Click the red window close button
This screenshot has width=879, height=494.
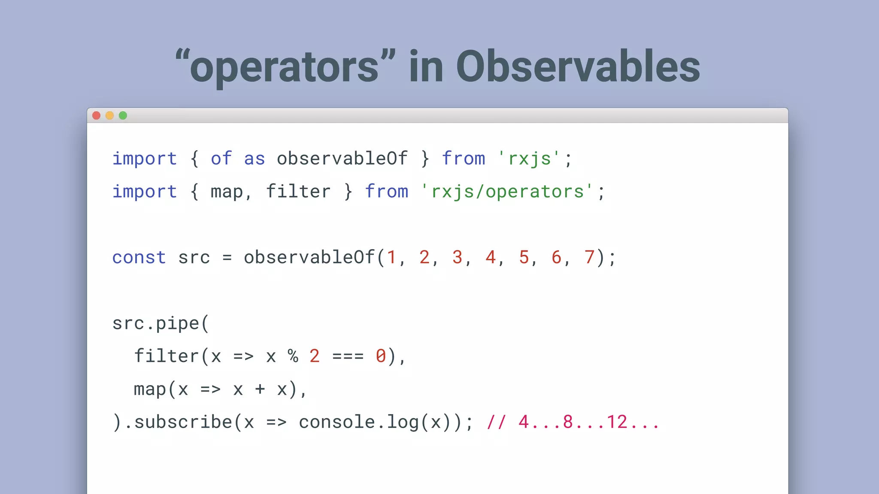pyautogui.click(x=97, y=115)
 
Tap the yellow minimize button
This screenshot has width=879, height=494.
pyautogui.click(x=110, y=115)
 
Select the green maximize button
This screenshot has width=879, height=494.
pyautogui.click(x=123, y=115)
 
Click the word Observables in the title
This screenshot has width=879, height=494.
pyautogui.click(x=578, y=66)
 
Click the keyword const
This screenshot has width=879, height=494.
pyautogui.click(x=139, y=257)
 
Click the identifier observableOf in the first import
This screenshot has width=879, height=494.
pyautogui.click(x=342, y=159)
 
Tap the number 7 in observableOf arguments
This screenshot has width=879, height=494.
pyautogui.click(x=589, y=257)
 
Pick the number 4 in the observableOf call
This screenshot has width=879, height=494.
pyautogui.click(x=490, y=257)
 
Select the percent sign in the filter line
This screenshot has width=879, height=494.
pyautogui.click(x=293, y=356)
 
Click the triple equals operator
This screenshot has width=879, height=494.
pyautogui.click(x=348, y=356)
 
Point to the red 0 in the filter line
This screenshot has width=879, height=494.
pyautogui.click(x=381, y=356)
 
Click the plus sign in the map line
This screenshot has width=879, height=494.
pyautogui.click(x=260, y=389)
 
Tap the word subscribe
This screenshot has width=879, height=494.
pyautogui.click(x=183, y=422)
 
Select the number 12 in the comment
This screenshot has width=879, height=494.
pyautogui.click(x=617, y=422)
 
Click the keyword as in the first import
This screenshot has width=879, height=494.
pyautogui.click(x=255, y=159)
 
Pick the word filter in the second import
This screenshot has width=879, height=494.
pyautogui.click(x=298, y=191)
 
